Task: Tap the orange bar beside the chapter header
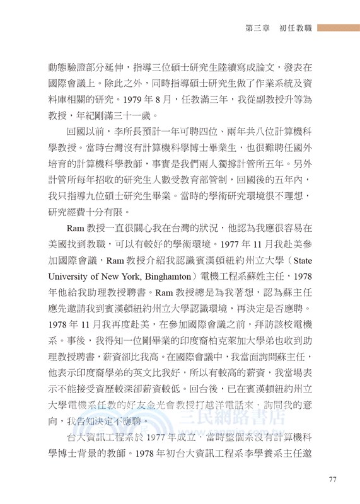pyautogui.click(x=338, y=28)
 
